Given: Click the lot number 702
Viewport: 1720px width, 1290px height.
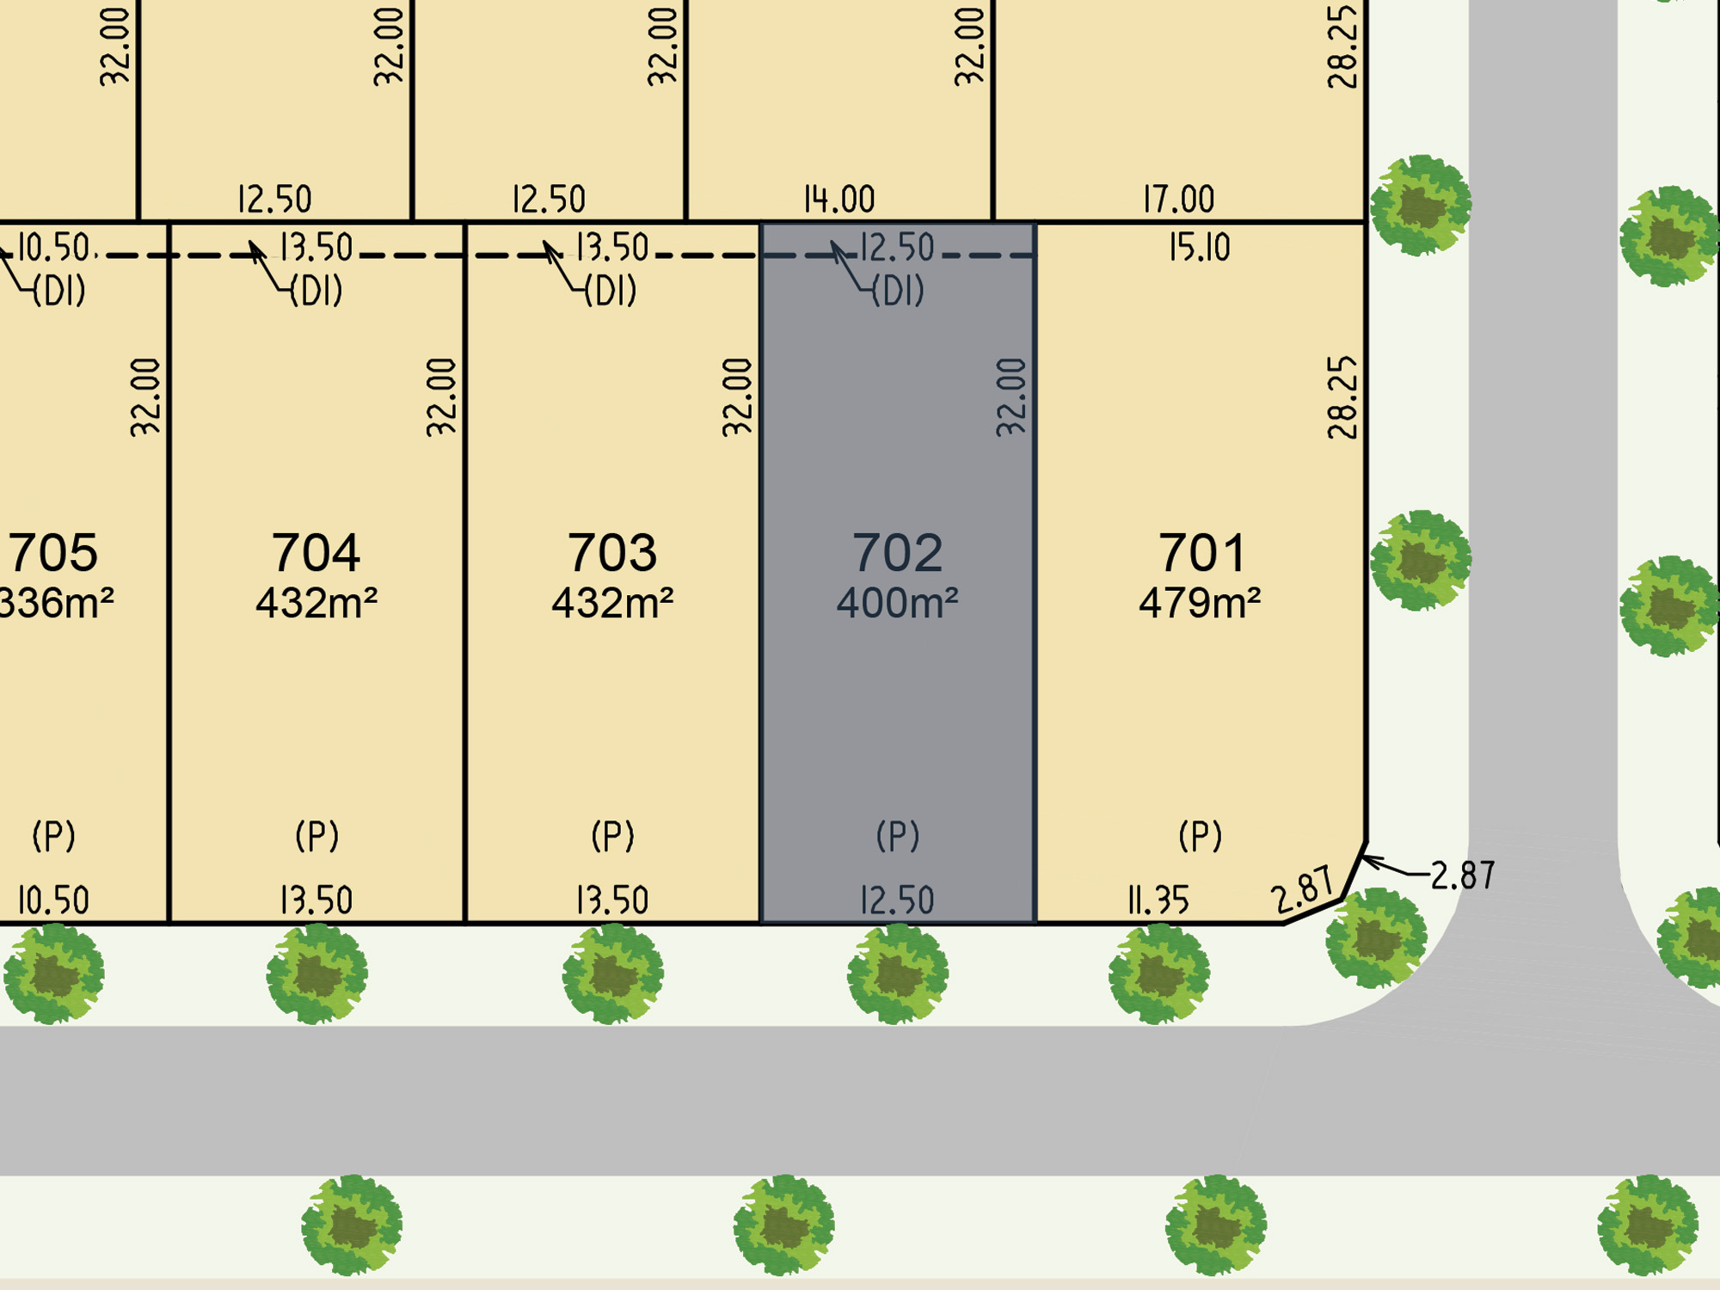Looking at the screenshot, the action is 897,552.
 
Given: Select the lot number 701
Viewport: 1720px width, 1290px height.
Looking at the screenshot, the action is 1201,552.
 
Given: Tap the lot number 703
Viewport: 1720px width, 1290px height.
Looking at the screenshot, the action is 611,552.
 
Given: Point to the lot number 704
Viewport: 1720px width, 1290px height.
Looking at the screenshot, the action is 316,552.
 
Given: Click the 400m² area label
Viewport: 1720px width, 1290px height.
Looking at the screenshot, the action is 897,603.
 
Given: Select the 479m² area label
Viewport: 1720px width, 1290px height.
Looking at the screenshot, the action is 1200,603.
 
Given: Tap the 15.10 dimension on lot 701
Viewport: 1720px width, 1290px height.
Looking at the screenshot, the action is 1200,248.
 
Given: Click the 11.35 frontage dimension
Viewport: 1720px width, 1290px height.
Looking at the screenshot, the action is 1158,900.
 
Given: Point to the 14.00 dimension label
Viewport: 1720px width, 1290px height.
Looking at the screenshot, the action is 839,200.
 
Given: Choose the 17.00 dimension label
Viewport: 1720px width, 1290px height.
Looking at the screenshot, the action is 1179,200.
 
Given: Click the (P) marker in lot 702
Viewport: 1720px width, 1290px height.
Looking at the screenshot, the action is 898,836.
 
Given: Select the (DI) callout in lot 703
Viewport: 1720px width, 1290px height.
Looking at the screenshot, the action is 611,291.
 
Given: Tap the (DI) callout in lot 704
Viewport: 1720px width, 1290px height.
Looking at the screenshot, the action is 316,291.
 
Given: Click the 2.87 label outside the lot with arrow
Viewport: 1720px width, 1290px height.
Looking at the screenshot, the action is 1463,875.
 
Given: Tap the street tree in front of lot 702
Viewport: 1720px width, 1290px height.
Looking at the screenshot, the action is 898,974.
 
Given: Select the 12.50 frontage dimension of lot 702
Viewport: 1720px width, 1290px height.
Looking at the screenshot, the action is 897,900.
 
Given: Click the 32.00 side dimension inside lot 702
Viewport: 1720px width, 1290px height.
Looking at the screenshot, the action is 1011,397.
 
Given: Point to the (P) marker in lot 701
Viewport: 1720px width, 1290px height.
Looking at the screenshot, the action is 1201,836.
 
